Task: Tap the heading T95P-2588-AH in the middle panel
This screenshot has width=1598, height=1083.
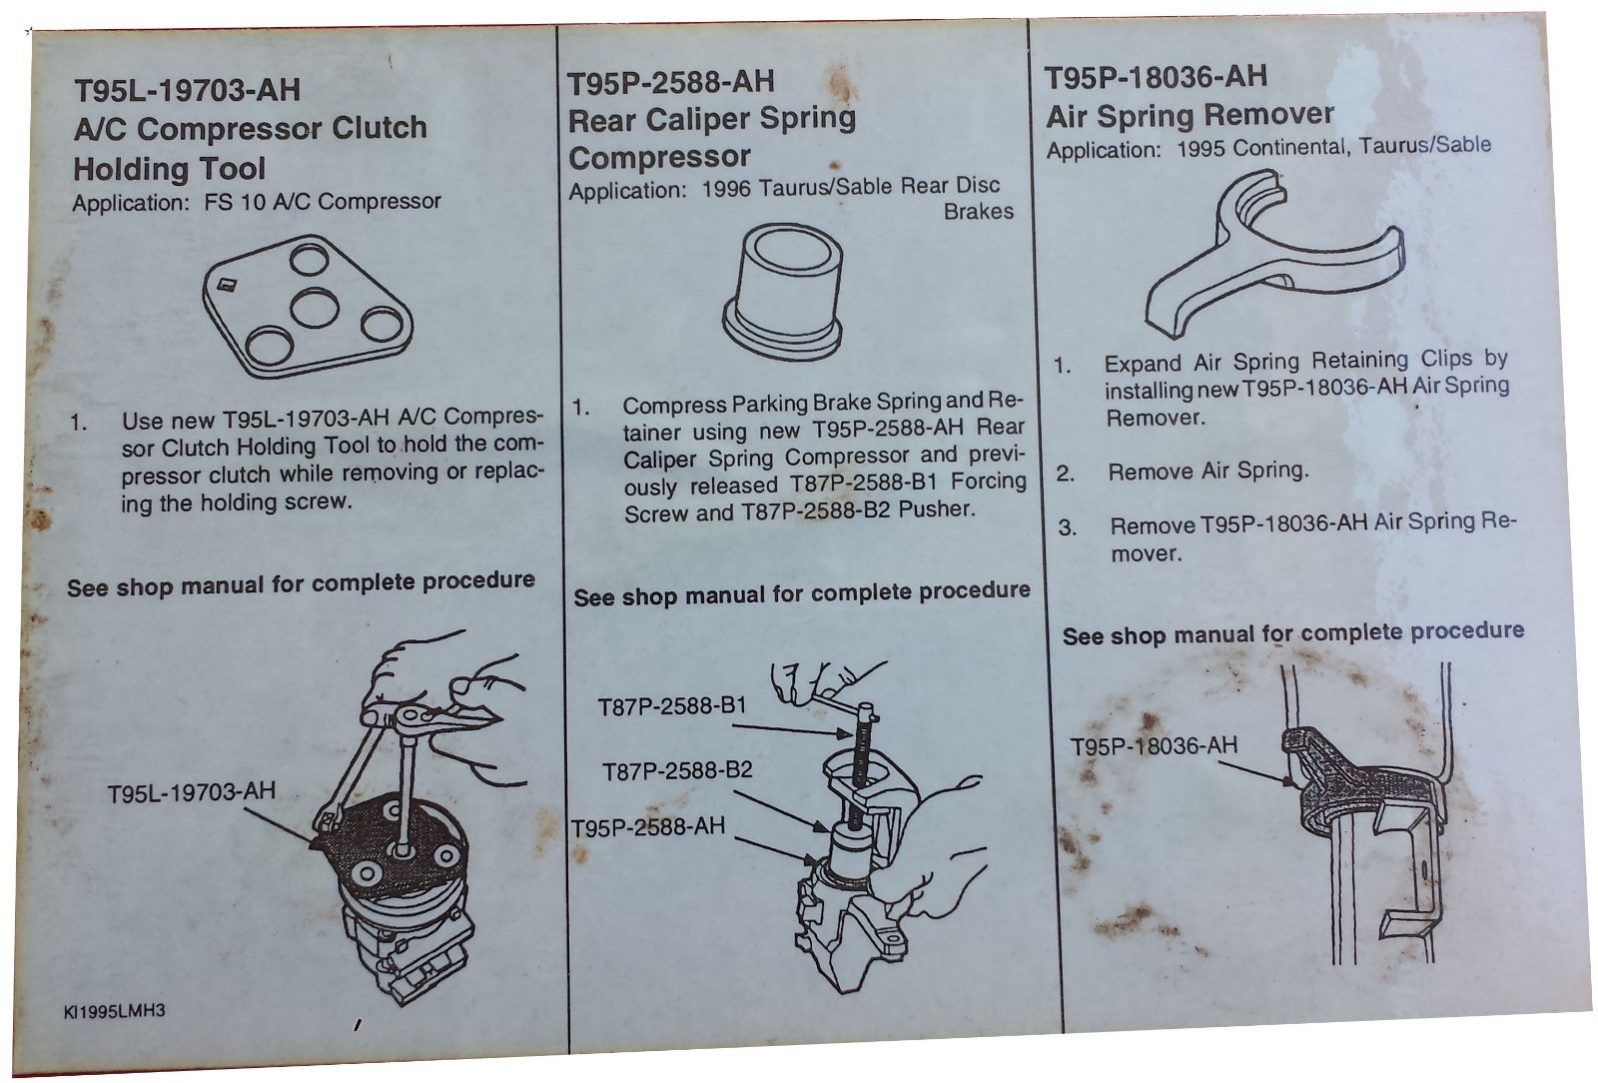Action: (670, 82)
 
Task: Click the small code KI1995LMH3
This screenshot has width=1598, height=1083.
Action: (114, 1011)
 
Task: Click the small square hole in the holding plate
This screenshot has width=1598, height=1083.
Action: (226, 283)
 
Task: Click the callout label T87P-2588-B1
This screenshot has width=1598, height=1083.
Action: (671, 706)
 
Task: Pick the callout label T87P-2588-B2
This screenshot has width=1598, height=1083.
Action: (677, 771)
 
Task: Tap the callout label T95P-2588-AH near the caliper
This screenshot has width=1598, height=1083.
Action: (648, 827)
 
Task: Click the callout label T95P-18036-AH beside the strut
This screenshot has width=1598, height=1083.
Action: (1154, 746)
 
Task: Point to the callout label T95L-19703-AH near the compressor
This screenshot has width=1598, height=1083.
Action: (191, 792)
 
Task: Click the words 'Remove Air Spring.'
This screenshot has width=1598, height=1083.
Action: (1207, 471)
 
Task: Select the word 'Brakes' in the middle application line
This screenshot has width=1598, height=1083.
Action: (978, 212)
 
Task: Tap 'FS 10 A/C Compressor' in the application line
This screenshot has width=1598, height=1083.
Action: (323, 202)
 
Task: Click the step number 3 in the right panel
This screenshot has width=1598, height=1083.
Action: (1067, 528)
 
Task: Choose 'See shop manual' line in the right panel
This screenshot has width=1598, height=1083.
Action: (1292, 632)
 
